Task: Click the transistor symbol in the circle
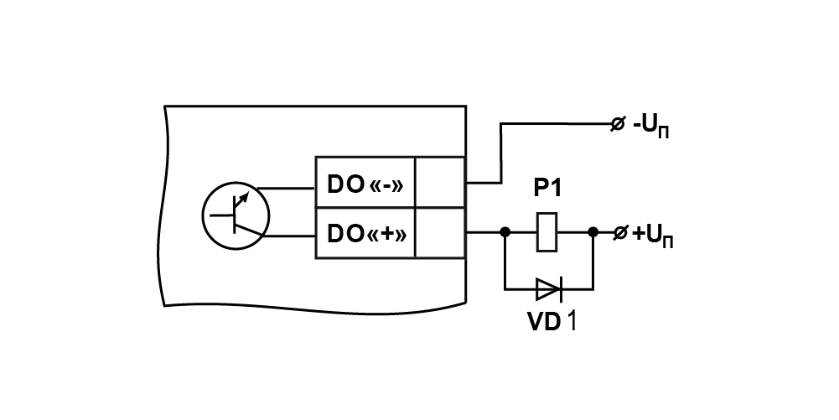(x=236, y=215)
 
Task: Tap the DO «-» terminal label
(x=365, y=184)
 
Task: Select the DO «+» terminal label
(x=366, y=234)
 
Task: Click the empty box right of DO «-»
(x=440, y=183)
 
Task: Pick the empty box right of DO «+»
(x=440, y=233)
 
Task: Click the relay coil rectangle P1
(x=546, y=231)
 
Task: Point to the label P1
(x=547, y=189)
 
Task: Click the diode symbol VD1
(x=549, y=289)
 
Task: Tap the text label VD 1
(x=552, y=321)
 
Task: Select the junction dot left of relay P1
(x=505, y=231)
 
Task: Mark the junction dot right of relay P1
(x=593, y=231)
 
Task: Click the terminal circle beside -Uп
(x=618, y=124)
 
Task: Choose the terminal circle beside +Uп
(x=619, y=233)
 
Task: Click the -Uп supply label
(x=650, y=127)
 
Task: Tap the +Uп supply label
(x=652, y=236)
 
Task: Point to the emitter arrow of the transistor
(x=242, y=199)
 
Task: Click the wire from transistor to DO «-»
(x=287, y=189)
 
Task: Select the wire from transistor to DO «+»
(x=290, y=236)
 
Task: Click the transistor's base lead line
(x=221, y=215)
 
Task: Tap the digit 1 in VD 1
(x=572, y=321)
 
